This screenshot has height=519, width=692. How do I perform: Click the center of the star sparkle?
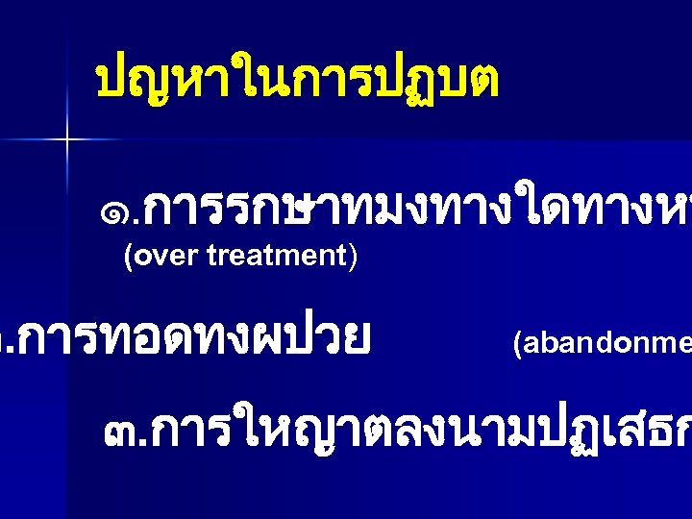[x=68, y=140]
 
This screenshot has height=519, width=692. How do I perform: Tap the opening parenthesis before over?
[x=128, y=257]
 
